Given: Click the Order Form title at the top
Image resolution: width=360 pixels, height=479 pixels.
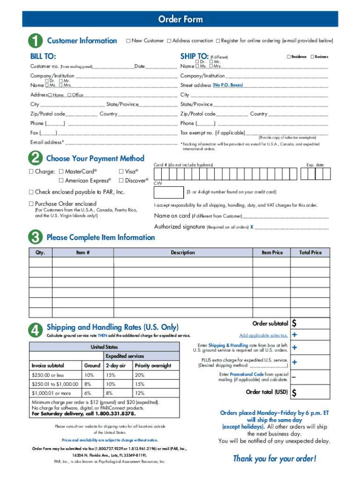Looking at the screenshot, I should click(x=180, y=19).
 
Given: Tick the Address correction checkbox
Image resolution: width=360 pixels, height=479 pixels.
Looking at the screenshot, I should click(x=169, y=41).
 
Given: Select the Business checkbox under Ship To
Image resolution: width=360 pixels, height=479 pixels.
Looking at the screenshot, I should click(x=312, y=57).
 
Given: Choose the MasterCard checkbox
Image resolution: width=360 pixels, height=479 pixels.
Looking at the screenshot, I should click(x=61, y=172).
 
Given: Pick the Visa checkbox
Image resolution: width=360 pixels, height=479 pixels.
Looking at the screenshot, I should click(x=122, y=172).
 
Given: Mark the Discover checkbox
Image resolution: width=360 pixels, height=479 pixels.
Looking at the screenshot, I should click(x=122, y=181).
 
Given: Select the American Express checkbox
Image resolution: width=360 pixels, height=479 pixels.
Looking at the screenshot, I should click(x=61, y=181).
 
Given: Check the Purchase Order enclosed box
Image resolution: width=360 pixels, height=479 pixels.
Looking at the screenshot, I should click(x=31, y=204).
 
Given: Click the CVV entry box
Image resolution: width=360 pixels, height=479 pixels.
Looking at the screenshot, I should click(x=168, y=192).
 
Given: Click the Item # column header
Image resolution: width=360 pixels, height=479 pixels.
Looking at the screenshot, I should click(x=83, y=253).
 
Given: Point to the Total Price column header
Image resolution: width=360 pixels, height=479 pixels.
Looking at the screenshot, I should click(x=310, y=253).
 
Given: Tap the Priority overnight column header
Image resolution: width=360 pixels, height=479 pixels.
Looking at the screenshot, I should click(x=152, y=366).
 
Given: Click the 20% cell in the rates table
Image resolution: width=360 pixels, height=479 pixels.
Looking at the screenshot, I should click(x=140, y=375).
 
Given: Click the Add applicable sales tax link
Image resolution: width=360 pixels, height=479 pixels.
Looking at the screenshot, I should click(x=263, y=335).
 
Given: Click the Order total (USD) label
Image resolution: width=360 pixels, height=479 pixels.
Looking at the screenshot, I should click(x=266, y=392).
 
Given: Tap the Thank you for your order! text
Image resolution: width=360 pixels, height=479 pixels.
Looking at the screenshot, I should click(x=274, y=458).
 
